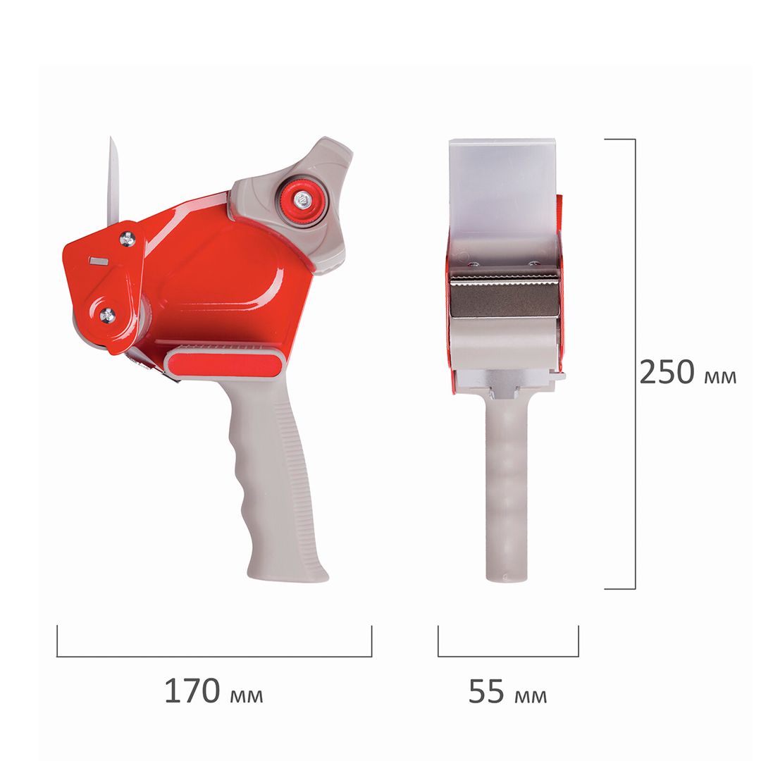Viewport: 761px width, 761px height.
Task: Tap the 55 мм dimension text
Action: click(507, 691)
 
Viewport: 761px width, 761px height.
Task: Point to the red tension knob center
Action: click(302, 199)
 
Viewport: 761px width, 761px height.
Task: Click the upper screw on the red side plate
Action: click(127, 239)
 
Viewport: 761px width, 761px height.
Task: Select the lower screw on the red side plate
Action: click(107, 316)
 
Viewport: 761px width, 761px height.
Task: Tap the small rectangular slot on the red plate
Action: click(99, 261)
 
